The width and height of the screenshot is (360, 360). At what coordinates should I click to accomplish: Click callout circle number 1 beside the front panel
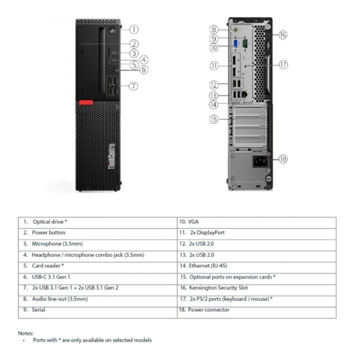pyautogui.click(x=134, y=28)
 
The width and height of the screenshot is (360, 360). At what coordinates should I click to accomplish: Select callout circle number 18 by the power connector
pyautogui.click(x=283, y=159)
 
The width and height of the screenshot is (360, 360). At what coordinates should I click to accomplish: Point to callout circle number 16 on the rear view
pyautogui.click(x=283, y=35)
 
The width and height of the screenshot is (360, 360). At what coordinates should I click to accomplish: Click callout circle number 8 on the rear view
pyautogui.click(x=214, y=29)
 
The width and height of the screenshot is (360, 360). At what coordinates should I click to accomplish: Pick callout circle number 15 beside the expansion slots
pyautogui.click(x=214, y=119)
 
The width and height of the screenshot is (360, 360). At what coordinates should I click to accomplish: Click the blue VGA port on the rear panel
pyautogui.click(x=236, y=43)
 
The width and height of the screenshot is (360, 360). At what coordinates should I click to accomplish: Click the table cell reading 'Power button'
pyautogui.click(x=49, y=232)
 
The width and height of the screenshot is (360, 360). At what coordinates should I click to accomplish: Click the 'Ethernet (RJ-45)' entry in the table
pyautogui.click(x=208, y=266)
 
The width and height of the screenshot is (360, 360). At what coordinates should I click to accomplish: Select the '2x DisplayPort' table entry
pyautogui.click(x=207, y=232)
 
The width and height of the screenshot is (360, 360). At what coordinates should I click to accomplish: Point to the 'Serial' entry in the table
pyautogui.click(x=40, y=310)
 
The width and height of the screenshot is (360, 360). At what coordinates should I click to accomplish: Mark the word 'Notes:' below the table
pyautogui.click(x=26, y=333)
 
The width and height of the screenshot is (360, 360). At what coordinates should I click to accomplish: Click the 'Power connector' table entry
pyautogui.click(x=208, y=310)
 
